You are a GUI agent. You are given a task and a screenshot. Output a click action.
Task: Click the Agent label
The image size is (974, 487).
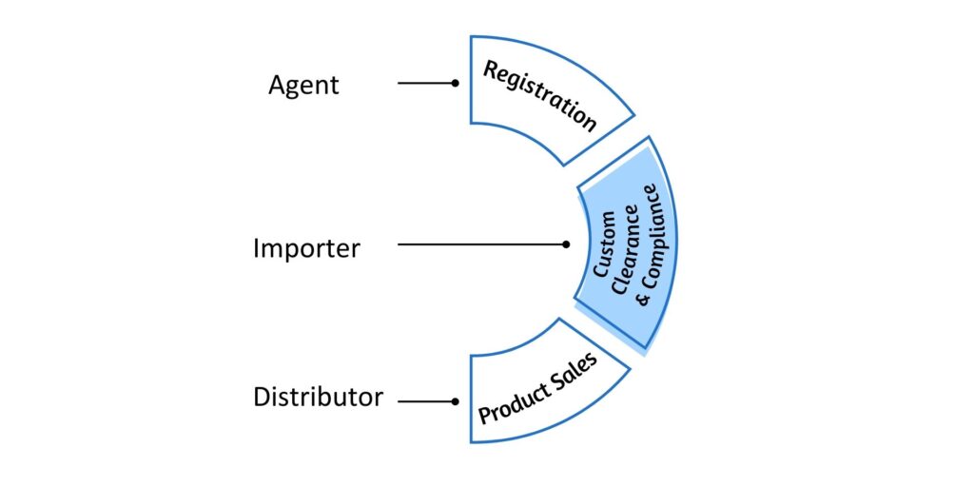(x=303, y=86)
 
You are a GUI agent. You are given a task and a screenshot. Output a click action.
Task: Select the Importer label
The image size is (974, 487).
(x=306, y=248)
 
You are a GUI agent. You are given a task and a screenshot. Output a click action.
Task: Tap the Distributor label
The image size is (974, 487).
(x=318, y=397)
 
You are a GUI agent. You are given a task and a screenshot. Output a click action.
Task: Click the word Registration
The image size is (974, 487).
(x=539, y=96)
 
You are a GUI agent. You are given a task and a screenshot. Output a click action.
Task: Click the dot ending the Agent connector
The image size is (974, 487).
(x=456, y=83)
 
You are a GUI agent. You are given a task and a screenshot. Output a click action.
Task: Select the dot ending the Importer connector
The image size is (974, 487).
(x=566, y=244)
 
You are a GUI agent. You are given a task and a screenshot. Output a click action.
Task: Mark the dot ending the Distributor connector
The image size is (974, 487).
(x=456, y=401)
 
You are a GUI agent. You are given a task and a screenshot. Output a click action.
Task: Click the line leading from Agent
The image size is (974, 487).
(x=425, y=83)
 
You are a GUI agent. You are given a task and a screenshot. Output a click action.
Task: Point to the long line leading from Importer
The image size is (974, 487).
(x=480, y=244)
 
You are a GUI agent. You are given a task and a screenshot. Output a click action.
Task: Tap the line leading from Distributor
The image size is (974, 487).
(x=425, y=401)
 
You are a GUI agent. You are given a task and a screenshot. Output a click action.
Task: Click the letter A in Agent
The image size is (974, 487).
(x=277, y=84)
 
